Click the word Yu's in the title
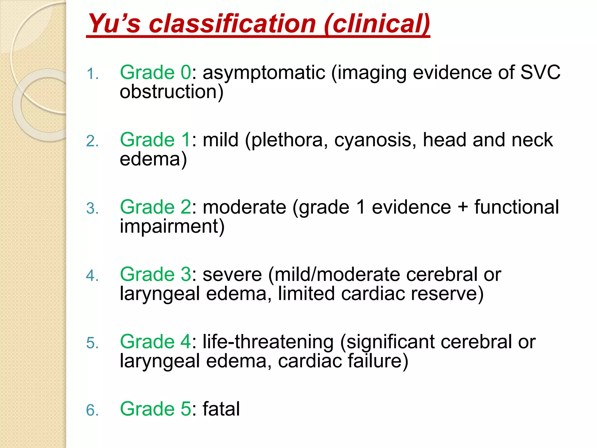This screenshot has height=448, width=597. tap(114, 23)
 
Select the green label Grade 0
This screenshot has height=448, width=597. tap(155, 72)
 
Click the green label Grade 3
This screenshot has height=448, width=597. tap(155, 274)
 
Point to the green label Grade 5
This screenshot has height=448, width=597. tap(155, 409)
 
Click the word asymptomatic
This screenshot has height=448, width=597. tap(264, 73)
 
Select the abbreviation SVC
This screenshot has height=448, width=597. tap(540, 72)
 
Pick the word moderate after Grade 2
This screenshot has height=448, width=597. tap(244, 207)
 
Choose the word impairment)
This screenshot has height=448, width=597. tap(172, 226)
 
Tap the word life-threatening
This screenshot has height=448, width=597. tap(268, 342)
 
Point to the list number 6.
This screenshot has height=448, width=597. tap(92, 410)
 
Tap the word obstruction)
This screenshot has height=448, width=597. tap(171, 92)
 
